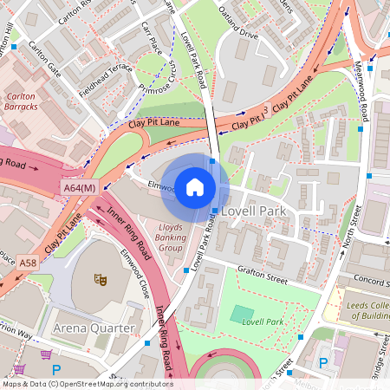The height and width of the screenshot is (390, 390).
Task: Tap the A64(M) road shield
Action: coord(79,187)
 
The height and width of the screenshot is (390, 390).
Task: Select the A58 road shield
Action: coord(29,263)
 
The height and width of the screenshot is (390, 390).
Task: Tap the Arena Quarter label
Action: coord(93,328)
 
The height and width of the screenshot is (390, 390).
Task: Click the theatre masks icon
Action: coord(101,280)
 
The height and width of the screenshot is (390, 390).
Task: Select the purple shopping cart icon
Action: coord(45,354)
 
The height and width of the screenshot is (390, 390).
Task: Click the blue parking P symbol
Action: coord(323,363)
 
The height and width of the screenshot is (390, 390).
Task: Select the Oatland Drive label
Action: coord(237,36)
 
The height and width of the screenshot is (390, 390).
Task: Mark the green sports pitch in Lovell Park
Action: coord(244,314)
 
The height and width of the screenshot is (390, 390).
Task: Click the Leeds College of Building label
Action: coord(363,307)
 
